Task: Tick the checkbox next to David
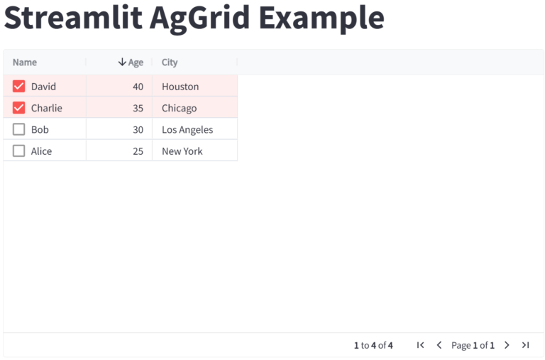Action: [18, 86]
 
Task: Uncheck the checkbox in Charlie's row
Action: [18, 108]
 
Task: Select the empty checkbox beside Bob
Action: [18, 129]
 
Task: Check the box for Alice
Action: [18, 151]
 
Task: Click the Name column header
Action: [25, 62]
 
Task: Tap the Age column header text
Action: [136, 62]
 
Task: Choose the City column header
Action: [170, 62]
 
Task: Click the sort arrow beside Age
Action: [122, 62]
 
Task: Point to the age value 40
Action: [138, 87]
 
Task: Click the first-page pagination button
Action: [421, 345]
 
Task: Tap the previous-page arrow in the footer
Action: [439, 345]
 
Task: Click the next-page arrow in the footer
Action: [507, 345]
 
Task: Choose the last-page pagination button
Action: [525, 345]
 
